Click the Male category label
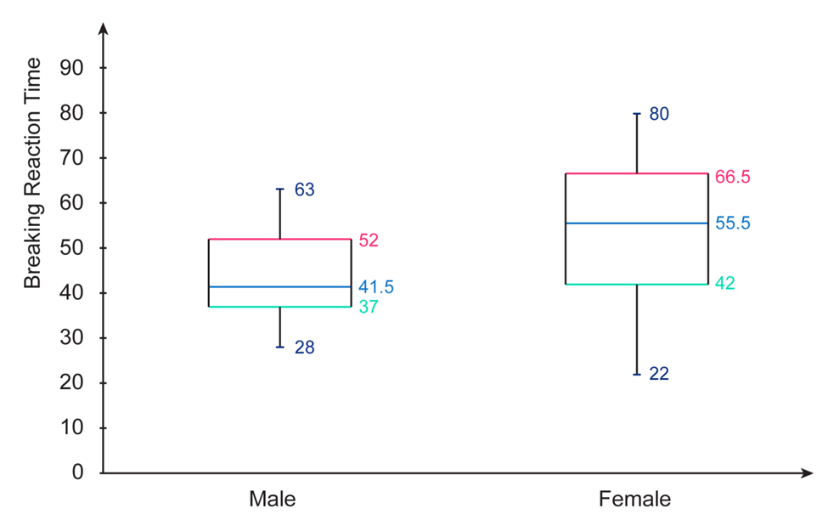pyautogui.click(x=273, y=499)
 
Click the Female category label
pyautogui.click(x=635, y=499)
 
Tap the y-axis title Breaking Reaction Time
pyautogui.click(x=32, y=173)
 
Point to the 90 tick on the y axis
pyautogui.click(x=72, y=68)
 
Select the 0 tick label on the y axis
pyautogui.click(x=78, y=472)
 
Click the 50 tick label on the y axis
pyautogui.click(x=72, y=248)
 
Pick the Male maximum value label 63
pyautogui.click(x=305, y=189)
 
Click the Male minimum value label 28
pyautogui.click(x=305, y=347)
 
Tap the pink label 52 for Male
pyautogui.click(x=369, y=240)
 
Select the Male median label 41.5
pyautogui.click(x=376, y=287)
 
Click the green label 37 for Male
pyautogui.click(x=369, y=307)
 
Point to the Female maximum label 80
pyautogui.click(x=659, y=114)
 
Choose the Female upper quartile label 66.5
pyautogui.click(x=734, y=177)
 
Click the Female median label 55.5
pyautogui.click(x=734, y=223)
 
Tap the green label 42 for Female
pyautogui.click(x=724, y=284)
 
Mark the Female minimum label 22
pyautogui.click(x=659, y=374)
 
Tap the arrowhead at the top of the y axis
pyautogui.click(x=104, y=28)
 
